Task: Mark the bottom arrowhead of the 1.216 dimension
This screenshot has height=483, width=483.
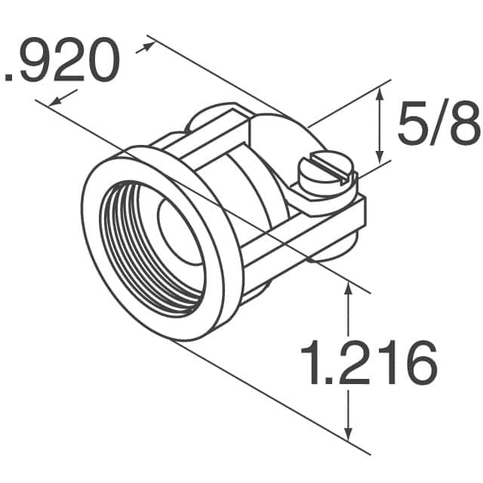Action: (x=348, y=436)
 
